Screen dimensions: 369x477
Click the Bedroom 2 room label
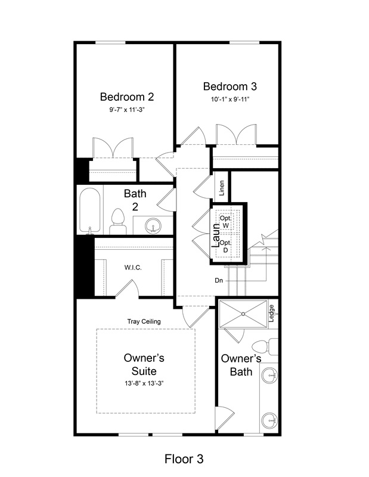pyautogui.click(x=127, y=97)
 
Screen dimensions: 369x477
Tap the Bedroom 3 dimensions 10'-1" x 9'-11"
pyautogui.click(x=230, y=99)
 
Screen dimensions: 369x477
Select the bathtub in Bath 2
pyautogui.click(x=90, y=210)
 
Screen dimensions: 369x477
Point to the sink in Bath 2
pyautogui.click(x=153, y=226)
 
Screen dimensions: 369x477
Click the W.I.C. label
pyautogui.click(x=133, y=268)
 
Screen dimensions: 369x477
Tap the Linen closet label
pyautogui.click(x=222, y=188)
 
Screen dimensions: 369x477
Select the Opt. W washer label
pyautogui.click(x=225, y=222)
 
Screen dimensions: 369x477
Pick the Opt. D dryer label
pyautogui.click(x=225, y=246)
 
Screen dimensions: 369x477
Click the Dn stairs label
pyautogui.click(x=219, y=280)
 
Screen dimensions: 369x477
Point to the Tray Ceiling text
pyautogui.click(x=144, y=321)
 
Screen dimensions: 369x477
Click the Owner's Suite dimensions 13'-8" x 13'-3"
pyautogui.click(x=144, y=383)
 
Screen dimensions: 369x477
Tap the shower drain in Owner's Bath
pyautogui.click(x=243, y=314)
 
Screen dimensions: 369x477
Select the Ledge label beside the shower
pyautogui.click(x=272, y=314)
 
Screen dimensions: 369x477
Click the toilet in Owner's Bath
pyautogui.click(x=265, y=347)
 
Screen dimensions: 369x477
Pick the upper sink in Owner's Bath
pyautogui.click(x=270, y=375)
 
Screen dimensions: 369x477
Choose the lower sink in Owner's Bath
pyautogui.click(x=269, y=420)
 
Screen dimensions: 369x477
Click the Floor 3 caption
pyautogui.click(x=184, y=459)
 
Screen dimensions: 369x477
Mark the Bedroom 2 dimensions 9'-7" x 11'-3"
pyautogui.click(x=127, y=110)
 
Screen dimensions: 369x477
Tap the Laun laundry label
pyautogui.click(x=216, y=236)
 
